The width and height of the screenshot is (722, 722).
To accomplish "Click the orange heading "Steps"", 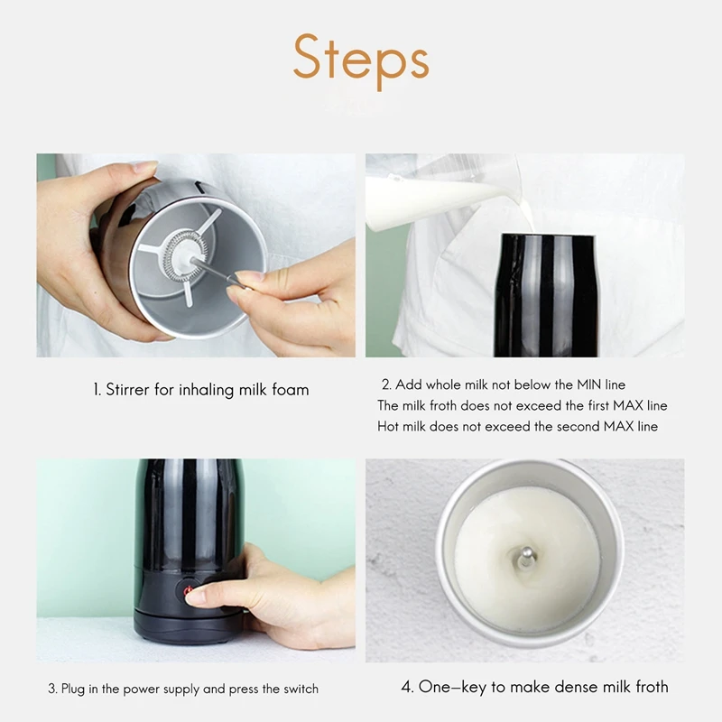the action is (x=361, y=60).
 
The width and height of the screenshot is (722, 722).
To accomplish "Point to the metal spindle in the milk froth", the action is (x=527, y=559).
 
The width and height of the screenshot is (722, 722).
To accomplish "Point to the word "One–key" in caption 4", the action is (x=452, y=687).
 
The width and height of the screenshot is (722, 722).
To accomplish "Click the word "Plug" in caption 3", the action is (x=73, y=690).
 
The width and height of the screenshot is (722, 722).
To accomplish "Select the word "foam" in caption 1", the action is (x=290, y=390).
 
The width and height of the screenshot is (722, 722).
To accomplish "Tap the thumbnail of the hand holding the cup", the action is (x=196, y=255).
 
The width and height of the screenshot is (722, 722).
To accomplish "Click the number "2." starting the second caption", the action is (x=386, y=384).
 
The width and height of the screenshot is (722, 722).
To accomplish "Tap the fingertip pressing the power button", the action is (x=194, y=597).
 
